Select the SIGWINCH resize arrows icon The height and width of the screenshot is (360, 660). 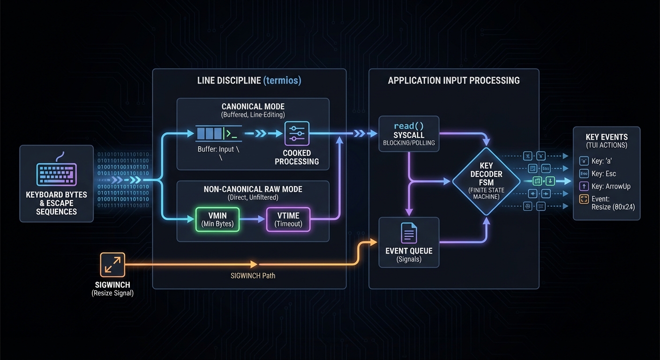pos(112,265)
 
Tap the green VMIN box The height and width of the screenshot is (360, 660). pos(217,219)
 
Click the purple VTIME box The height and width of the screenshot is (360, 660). pos(288,219)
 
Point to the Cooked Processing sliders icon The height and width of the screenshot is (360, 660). pos(297,134)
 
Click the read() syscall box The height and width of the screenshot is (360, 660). pos(409,134)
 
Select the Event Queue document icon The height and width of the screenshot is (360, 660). pos(409,233)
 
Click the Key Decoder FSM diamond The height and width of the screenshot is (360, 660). pos(486,181)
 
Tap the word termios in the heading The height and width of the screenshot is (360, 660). pos(282,81)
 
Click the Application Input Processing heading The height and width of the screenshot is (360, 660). pos(453,81)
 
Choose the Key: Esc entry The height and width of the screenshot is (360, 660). pos(604,173)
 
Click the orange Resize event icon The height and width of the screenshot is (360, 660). pos(584,199)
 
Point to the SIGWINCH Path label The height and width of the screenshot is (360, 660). pos(253,276)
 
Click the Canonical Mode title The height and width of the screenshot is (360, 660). pos(253,106)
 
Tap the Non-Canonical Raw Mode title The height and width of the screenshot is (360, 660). pos(253,189)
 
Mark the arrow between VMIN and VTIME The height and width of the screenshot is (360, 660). pos(253,219)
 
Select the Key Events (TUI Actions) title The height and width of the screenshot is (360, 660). pos(607,141)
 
